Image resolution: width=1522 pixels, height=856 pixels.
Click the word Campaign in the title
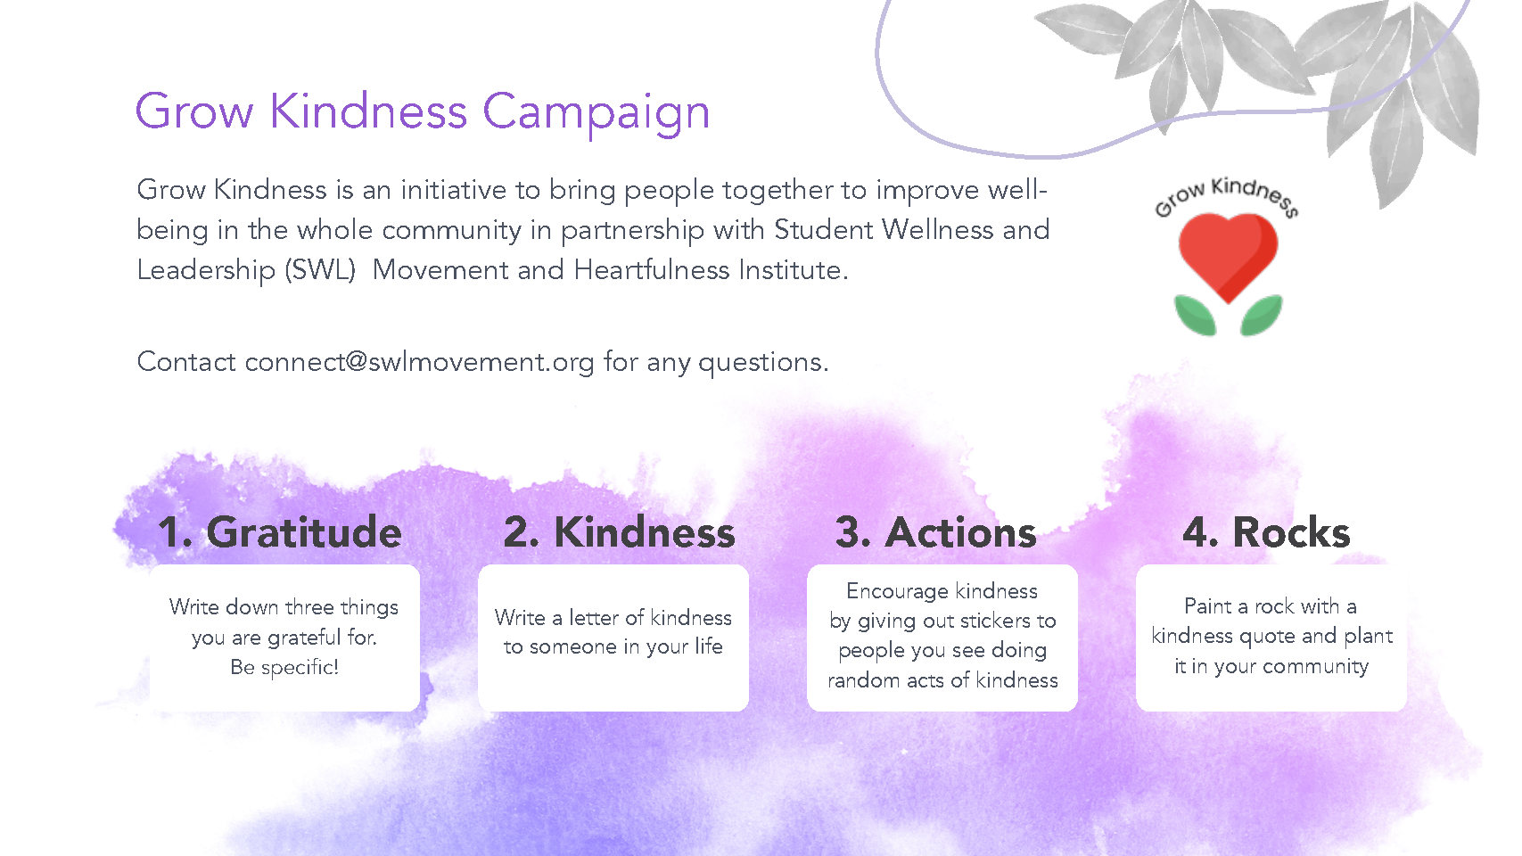point(596,112)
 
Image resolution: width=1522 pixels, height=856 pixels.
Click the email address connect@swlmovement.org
point(419,362)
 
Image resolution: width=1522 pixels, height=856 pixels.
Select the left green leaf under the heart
point(1195,315)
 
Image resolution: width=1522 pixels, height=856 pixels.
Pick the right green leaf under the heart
point(1262,315)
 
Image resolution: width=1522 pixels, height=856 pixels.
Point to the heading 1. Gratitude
point(280,532)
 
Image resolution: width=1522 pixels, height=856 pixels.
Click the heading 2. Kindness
point(620,532)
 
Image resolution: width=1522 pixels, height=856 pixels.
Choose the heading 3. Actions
point(935,532)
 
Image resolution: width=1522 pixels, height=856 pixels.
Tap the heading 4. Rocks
point(1266,532)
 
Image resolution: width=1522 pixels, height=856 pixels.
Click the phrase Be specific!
point(284,667)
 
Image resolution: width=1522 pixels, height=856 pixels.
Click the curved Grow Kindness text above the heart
point(1227,194)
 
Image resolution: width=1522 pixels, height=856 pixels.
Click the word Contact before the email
point(186,361)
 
